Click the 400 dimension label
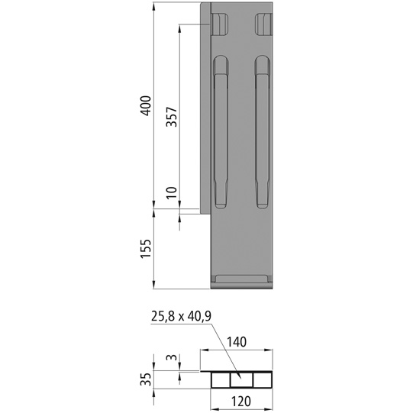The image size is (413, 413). coord(147,107)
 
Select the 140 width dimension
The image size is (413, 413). coord(237,344)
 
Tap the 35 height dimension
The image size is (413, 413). coord(147,379)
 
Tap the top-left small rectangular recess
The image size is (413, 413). coord(220,24)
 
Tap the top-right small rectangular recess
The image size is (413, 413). coord(263,24)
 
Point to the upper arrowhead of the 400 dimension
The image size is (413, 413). coord(155,7)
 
